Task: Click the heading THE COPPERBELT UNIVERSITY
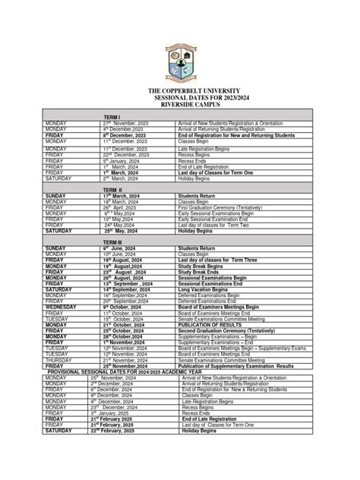point(181,90)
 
